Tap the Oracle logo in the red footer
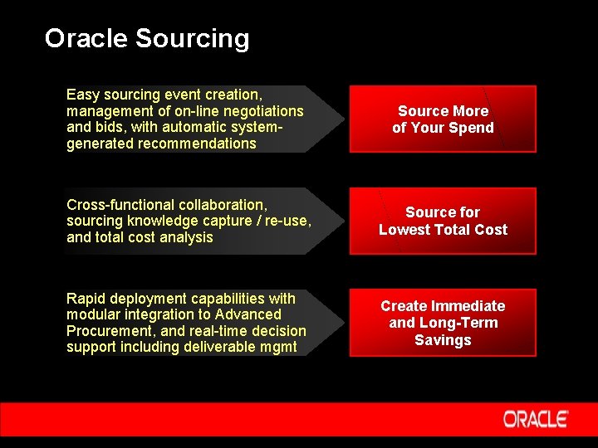coord(535,419)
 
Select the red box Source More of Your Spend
coord(443,119)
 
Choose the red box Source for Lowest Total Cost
coord(443,221)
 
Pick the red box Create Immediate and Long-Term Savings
coord(443,323)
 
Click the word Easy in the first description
coord(82,95)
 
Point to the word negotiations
coord(259,111)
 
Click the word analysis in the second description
coord(187,237)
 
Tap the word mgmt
coord(277,347)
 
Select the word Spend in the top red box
coord(472,128)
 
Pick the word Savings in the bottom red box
coord(443,340)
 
